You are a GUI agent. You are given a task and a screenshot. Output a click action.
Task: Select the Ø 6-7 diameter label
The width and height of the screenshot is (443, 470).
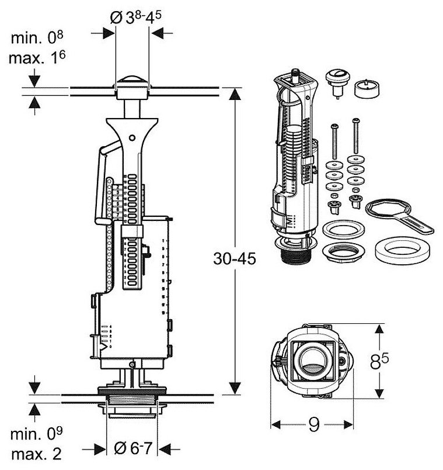pyautogui.click(x=134, y=448)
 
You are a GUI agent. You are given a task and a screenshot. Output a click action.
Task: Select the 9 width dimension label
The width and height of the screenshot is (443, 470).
pyautogui.click(x=313, y=426)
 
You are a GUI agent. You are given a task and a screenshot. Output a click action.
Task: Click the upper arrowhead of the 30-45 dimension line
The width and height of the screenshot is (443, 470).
pyautogui.click(x=235, y=92)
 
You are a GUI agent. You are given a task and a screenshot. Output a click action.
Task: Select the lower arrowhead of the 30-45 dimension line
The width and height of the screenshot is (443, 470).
pyautogui.click(x=235, y=389)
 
